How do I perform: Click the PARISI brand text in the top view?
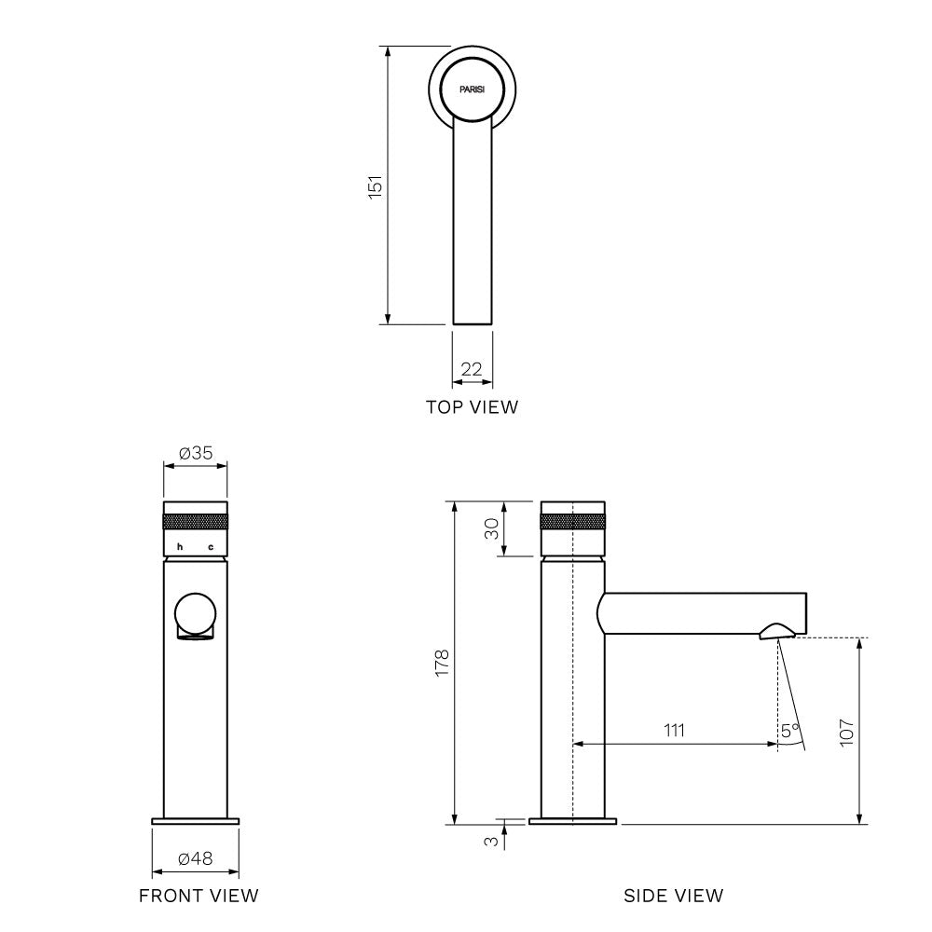472,89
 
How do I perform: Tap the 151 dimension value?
375,186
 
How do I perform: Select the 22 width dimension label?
472,370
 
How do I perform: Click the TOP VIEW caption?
472,407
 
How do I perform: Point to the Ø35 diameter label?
196,453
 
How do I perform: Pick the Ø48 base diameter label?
196,858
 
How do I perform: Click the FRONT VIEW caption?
199,896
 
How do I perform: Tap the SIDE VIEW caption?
674,896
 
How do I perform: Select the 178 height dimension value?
442,664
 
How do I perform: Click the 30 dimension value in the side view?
491,528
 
